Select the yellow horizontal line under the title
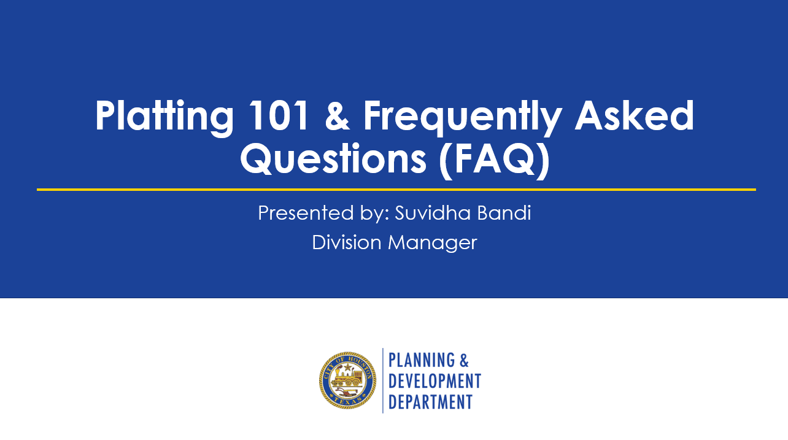pos(396,190)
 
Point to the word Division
pos(347,242)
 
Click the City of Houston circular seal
pos(347,380)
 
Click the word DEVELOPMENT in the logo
pos(435,380)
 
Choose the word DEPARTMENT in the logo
pos(430,401)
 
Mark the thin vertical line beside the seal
pos(383,380)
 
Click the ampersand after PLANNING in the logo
pos(464,360)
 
